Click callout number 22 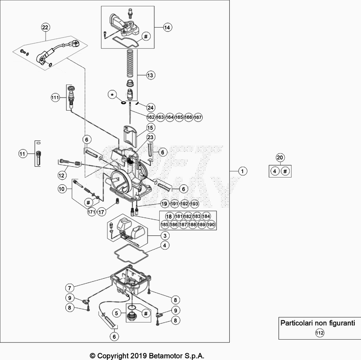click(46, 28)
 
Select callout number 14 click(167, 28)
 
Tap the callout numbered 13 click(150, 75)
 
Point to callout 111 click(55, 98)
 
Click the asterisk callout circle click(112, 95)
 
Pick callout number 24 click(150, 108)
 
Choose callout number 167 click(198, 117)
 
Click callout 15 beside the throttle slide click(150, 128)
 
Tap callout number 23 click(150, 137)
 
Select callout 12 click(61, 175)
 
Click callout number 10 click(62, 189)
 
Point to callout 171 click(92, 211)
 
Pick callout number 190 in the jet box click(211, 224)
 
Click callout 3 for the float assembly click(165, 236)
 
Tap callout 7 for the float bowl click(69, 288)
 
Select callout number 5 click(116, 313)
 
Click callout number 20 click(280, 158)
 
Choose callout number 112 click(319, 333)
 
